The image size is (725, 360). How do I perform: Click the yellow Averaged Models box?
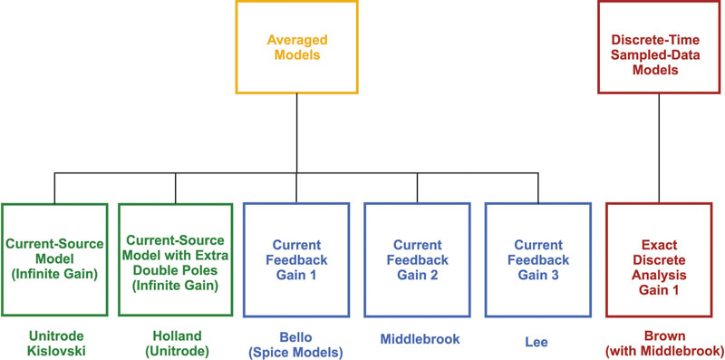click(x=297, y=46)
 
